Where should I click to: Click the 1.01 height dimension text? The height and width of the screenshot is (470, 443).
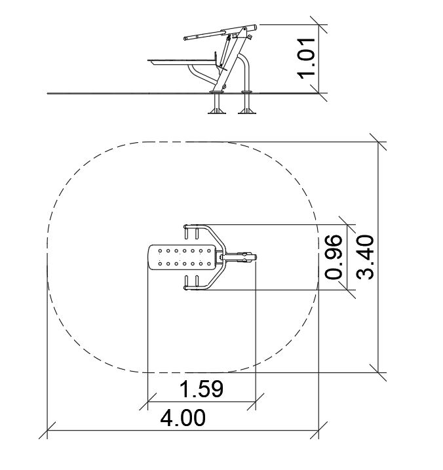[x=306, y=58]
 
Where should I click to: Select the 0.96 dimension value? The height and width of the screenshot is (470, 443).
[x=334, y=257]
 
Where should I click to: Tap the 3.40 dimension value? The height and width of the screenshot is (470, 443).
[x=366, y=257]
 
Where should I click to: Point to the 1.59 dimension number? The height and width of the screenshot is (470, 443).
[x=201, y=389]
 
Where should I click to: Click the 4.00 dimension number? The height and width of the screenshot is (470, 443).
[x=183, y=418]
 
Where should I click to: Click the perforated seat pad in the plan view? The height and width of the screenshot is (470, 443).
[x=182, y=257]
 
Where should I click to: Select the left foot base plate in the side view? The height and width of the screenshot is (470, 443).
[x=216, y=113]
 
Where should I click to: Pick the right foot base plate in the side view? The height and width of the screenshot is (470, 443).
[x=247, y=113]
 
